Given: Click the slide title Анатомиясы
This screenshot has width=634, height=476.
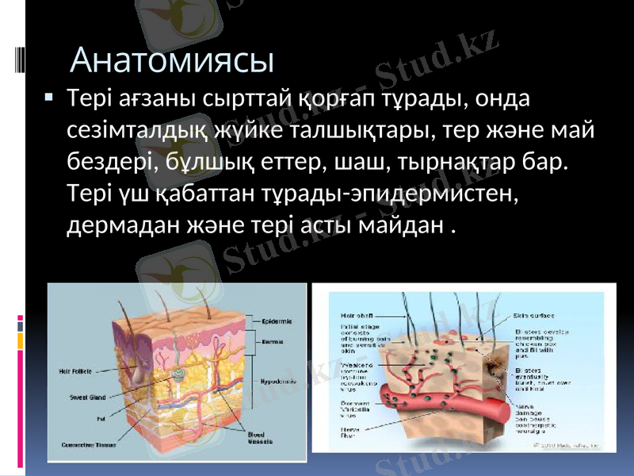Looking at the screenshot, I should [172, 59].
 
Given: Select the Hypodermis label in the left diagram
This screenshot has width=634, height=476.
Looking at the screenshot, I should [277, 382].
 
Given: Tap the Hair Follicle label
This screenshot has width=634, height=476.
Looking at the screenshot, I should [73, 370].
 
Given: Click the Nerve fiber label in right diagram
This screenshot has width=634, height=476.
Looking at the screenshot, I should [350, 433].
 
